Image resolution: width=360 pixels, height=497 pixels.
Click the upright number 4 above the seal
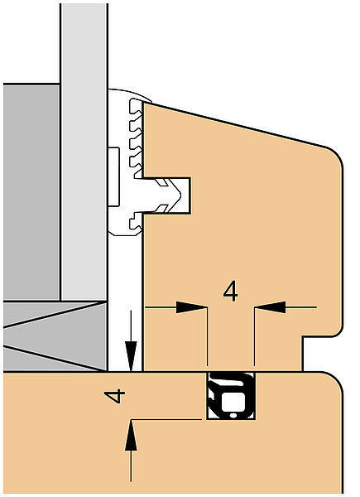(231, 292)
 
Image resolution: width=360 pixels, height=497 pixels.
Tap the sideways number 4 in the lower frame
(114, 396)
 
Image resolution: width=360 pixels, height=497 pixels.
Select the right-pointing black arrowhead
(192, 307)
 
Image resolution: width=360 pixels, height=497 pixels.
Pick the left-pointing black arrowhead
(270, 307)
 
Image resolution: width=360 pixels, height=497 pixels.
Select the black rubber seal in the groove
(231, 396)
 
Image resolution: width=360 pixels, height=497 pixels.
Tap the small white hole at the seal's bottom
(233, 415)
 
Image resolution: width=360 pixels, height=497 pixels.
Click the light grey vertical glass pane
(84, 152)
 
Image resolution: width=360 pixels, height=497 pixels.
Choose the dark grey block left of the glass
(31, 192)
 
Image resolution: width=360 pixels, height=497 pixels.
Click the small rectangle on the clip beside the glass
(113, 176)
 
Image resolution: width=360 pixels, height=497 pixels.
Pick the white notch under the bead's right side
(323, 354)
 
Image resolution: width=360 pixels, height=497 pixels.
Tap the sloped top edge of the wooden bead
(234, 125)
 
